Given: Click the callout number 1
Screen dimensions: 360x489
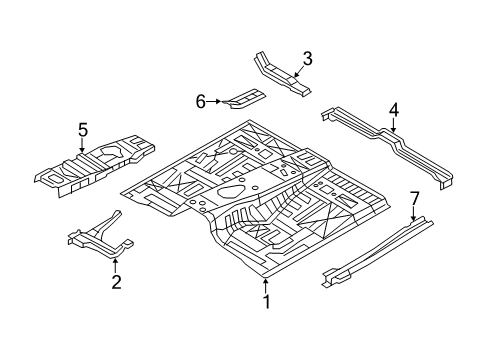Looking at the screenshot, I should click(x=266, y=299).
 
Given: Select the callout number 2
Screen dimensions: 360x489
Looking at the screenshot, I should click(x=116, y=283).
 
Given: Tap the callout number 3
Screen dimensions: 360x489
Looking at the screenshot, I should click(x=307, y=59).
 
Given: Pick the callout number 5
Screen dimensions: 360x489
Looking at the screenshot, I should click(x=83, y=128).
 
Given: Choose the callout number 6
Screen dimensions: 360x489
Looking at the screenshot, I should click(x=200, y=101).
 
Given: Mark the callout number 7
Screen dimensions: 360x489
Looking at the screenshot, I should click(x=413, y=199).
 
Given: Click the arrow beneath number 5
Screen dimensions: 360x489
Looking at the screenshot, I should click(x=83, y=146).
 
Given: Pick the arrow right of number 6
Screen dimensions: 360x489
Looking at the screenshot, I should click(x=216, y=101).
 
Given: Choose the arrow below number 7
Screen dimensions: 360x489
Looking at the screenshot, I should click(x=413, y=215).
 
